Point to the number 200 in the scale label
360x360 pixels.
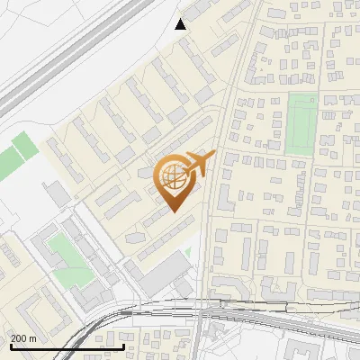pyautogui.click(x=20, y=338)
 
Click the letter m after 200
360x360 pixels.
pyautogui.click(x=33, y=338)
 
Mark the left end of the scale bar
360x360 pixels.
pyautogui.click(x=11, y=346)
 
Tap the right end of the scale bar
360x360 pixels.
pyautogui.click(x=123, y=346)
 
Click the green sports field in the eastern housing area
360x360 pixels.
pyautogui.click(x=302, y=123)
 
